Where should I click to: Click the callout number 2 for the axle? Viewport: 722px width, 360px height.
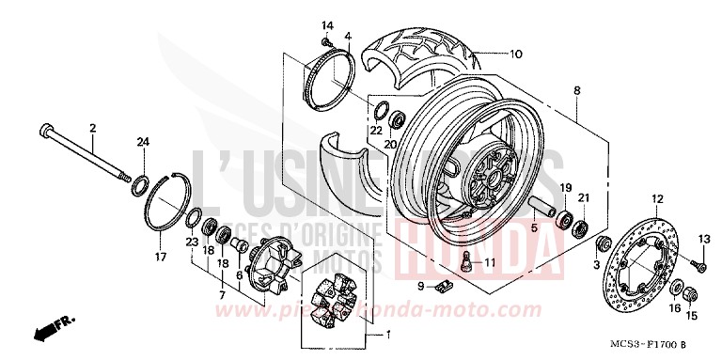pyautogui.click(x=93, y=127)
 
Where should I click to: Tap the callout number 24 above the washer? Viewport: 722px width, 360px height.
pyautogui.click(x=143, y=142)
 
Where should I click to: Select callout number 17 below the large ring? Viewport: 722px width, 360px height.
pyautogui.click(x=160, y=257)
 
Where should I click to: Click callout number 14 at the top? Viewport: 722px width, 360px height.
pyautogui.click(x=328, y=24)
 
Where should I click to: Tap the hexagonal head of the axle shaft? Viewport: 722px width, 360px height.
pyautogui.click(x=45, y=129)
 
